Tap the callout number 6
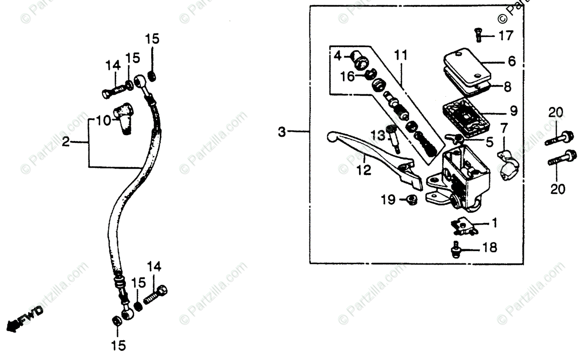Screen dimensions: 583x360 coord(512,62)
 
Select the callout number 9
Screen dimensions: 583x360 coord(514,110)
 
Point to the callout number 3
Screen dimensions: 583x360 coord(282,132)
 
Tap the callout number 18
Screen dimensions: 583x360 coord(490,248)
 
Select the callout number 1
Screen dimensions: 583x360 coord(494,223)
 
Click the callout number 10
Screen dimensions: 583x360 coord(103,120)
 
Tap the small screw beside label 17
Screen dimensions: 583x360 coord(478,35)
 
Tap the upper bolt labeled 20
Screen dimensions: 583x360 coord(556,138)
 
